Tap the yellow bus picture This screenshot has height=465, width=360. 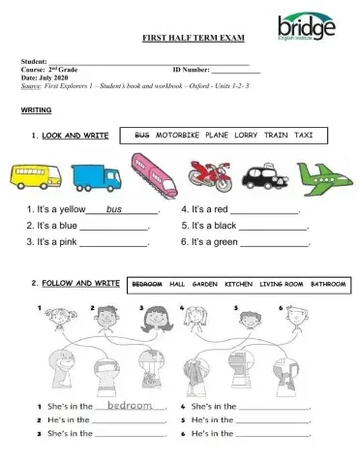[x=34, y=176]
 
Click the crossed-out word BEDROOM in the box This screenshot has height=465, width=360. [x=146, y=284]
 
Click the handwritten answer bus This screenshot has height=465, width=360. [x=116, y=208]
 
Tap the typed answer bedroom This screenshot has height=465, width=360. [x=131, y=405]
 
